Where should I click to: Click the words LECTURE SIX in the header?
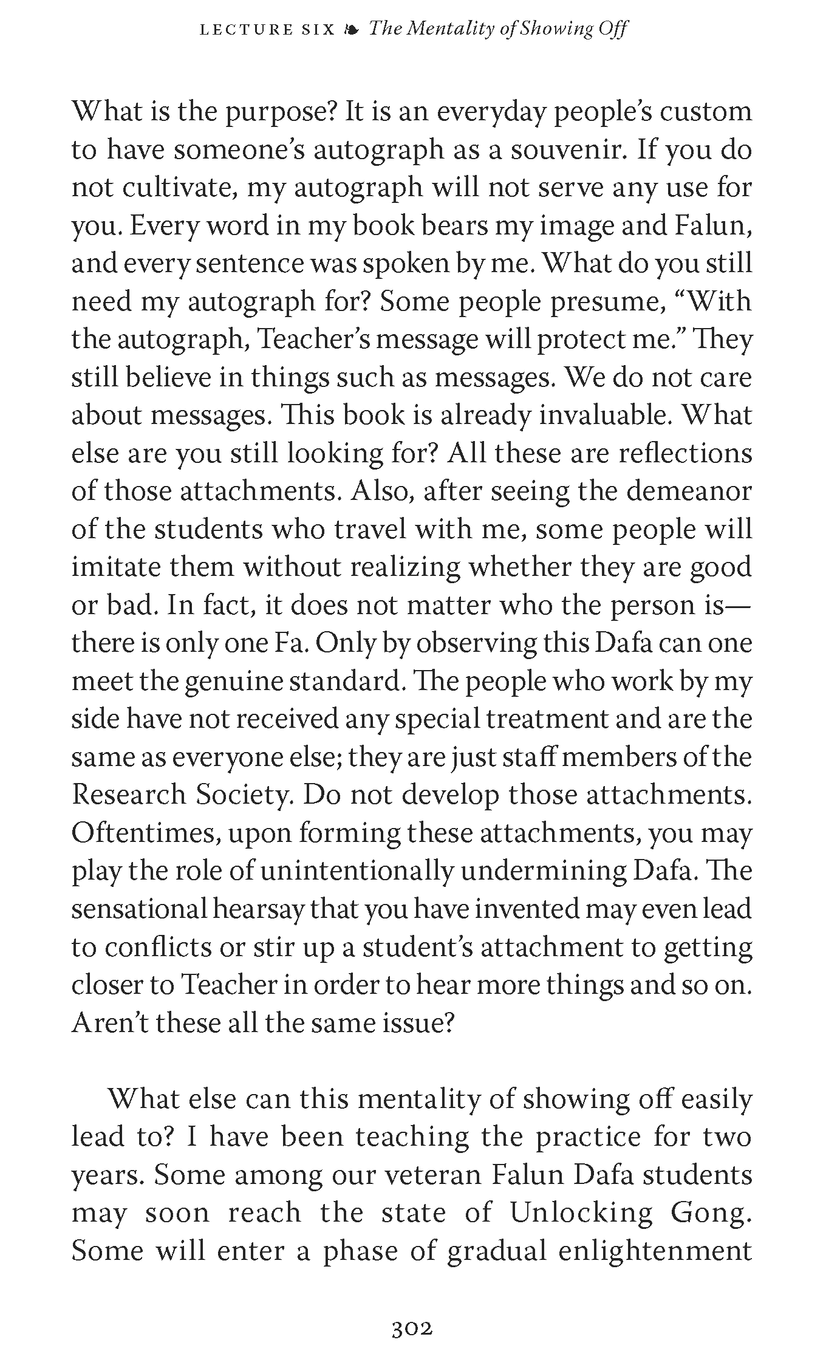pyautogui.click(x=267, y=29)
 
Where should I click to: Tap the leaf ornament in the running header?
pyautogui.click(x=352, y=29)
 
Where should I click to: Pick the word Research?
pyautogui.click(x=128, y=795)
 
